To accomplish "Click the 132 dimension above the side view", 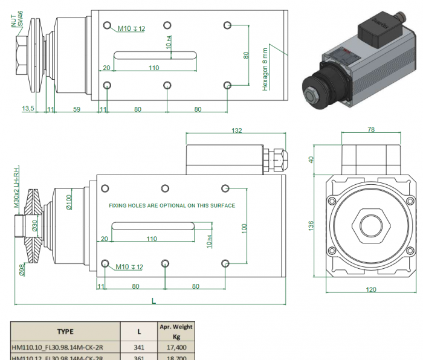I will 237,130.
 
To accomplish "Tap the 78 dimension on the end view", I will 371,130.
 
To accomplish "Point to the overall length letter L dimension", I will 153,300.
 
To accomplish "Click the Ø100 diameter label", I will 69,201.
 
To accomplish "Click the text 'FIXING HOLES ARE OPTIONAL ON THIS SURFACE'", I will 172,206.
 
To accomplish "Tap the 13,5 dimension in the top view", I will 28,109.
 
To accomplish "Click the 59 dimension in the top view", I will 77,109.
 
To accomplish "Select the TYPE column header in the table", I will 65,331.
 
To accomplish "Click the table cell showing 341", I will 139,347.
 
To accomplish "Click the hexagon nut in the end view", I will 372,225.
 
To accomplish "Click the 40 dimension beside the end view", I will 312,159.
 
